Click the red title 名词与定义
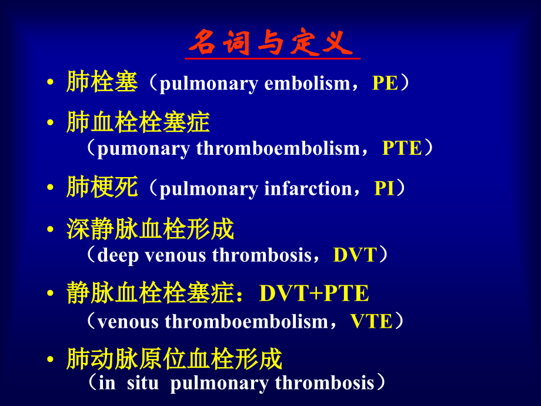pos(271,42)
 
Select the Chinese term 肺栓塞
pos(102,82)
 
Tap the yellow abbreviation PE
pos(385,84)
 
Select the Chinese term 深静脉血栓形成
pos(150,229)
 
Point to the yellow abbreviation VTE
pos(371,321)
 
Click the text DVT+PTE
pos(314,293)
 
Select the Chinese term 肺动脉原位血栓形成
pos(174,358)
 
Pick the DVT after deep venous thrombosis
pos(355,255)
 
